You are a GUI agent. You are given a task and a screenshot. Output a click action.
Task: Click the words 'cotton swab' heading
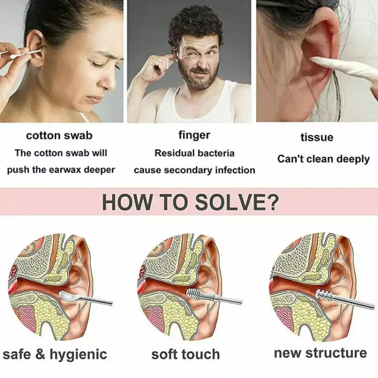click(x=59, y=136)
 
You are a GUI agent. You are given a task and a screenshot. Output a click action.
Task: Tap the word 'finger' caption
click(x=195, y=135)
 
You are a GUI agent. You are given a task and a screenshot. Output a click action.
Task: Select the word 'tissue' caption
click(x=317, y=137)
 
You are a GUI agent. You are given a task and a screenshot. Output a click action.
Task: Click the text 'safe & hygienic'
click(x=55, y=354)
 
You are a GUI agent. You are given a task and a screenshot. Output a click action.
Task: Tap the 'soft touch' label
click(x=185, y=354)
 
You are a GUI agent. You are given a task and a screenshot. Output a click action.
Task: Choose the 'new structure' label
click(x=321, y=353)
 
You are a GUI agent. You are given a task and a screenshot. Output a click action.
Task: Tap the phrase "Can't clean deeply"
click(x=323, y=159)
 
